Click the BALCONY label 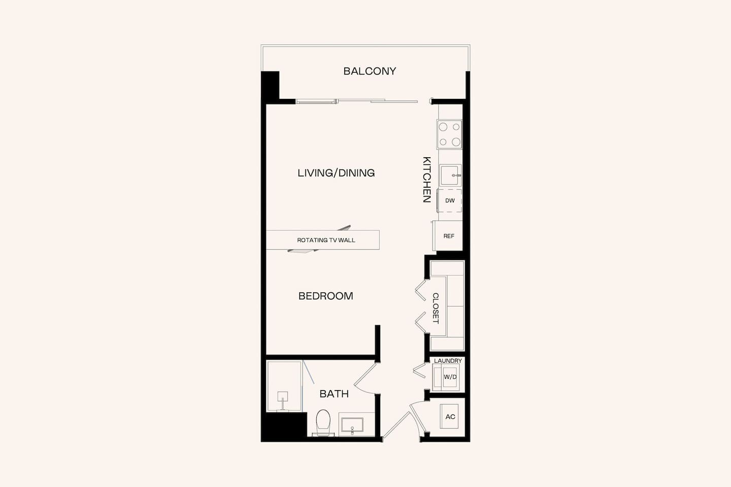[x=370, y=71]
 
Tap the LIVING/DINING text [x=336, y=173]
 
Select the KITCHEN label [x=427, y=180]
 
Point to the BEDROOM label [x=325, y=296]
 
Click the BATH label [x=334, y=394]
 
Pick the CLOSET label [x=436, y=308]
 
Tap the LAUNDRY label [x=448, y=361]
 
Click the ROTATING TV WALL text [x=326, y=240]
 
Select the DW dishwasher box [x=450, y=200]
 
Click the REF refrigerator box [x=449, y=236]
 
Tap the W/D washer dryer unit [x=449, y=377]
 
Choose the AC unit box [x=450, y=416]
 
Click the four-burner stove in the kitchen [x=450, y=134]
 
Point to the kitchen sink [x=450, y=176]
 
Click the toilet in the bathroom [x=323, y=422]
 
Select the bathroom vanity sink [x=352, y=425]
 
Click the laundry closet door [x=419, y=371]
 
